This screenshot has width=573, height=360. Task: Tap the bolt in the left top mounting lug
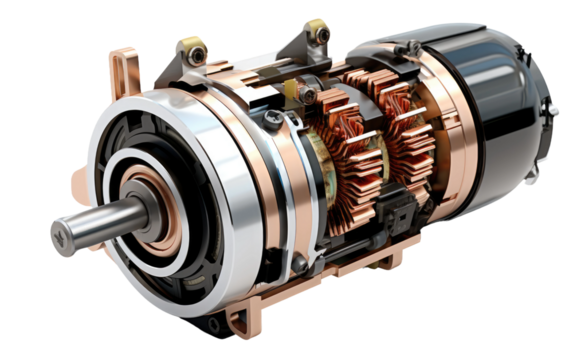tap(193, 47)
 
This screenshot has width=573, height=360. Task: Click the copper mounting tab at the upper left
tap(125, 72)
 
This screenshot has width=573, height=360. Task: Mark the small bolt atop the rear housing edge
tap(412, 46)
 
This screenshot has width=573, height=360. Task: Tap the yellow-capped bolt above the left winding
tap(309, 95)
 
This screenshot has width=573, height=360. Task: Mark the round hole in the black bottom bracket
tap(211, 325)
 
